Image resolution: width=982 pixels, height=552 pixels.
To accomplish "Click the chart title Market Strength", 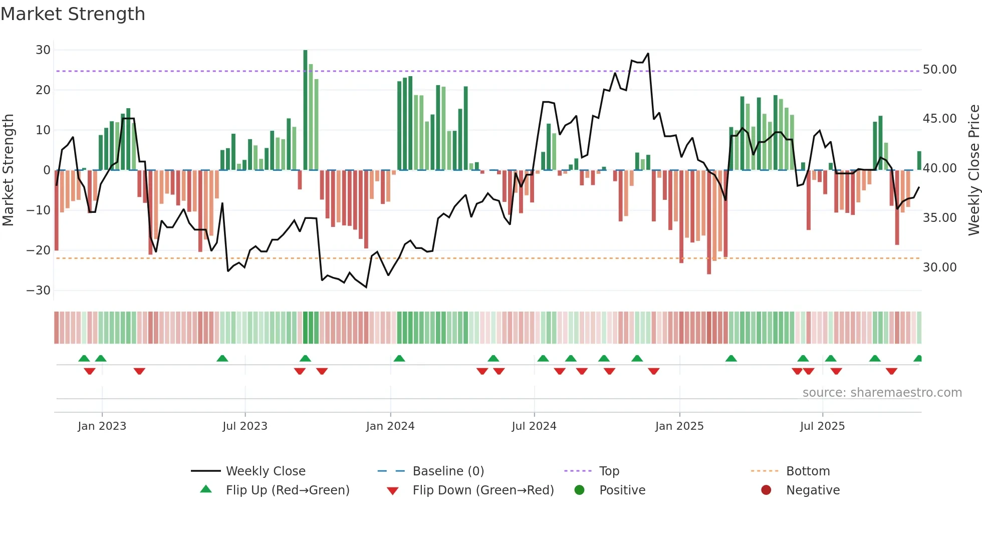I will click(x=73, y=14).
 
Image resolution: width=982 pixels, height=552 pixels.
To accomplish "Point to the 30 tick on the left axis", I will click(x=43, y=50).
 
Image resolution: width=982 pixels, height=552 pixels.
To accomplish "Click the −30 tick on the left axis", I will click(x=39, y=291).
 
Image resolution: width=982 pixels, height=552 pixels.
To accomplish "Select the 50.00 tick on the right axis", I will click(x=939, y=70).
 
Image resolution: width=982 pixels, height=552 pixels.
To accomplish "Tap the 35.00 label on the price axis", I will click(x=939, y=218).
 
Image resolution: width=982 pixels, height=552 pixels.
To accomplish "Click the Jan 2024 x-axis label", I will click(x=390, y=426).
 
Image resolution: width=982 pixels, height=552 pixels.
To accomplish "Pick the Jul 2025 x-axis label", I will click(x=822, y=426).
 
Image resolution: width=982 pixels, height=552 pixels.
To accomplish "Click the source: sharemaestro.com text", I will click(x=882, y=393).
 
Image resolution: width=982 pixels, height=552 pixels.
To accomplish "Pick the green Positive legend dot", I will click(x=580, y=490).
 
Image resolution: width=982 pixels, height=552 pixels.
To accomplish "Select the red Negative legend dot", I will click(x=766, y=490).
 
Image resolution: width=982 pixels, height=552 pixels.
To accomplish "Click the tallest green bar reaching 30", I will click(x=305, y=110).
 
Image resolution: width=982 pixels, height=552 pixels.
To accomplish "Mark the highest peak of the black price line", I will click(x=648, y=54).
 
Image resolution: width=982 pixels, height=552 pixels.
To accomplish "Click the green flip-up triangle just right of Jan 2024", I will click(x=399, y=359).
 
